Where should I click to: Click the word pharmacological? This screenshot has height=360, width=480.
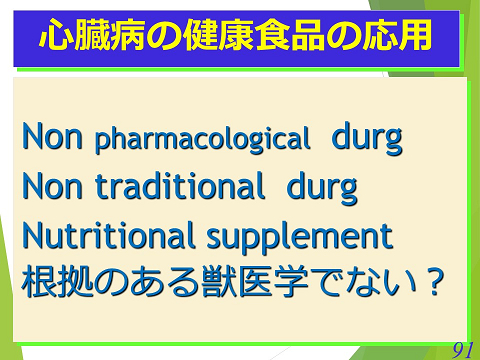203,141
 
